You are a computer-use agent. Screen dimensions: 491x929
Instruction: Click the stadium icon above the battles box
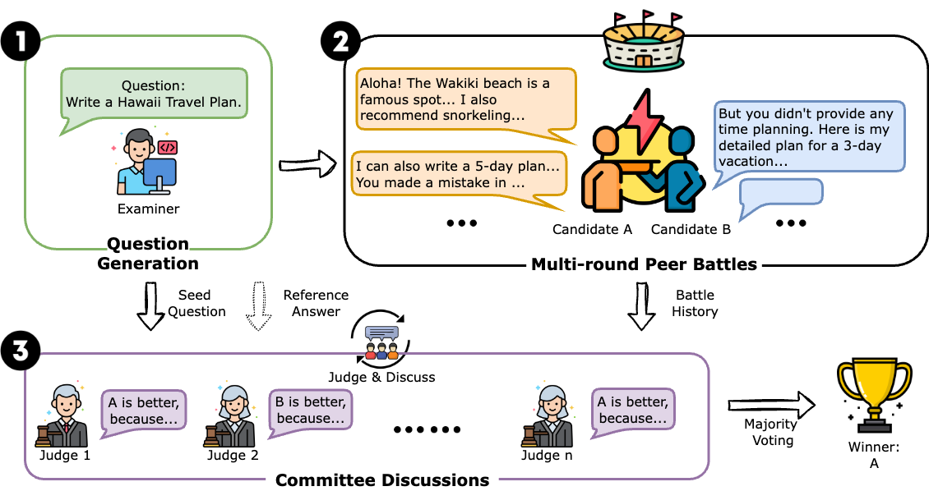pyautogui.click(x=642, y=41)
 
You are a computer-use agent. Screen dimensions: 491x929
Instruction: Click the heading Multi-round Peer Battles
pyautogui.click(x=644, y=264)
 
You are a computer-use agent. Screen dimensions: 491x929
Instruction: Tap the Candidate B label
pyautogui.click(x=691, y=230)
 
